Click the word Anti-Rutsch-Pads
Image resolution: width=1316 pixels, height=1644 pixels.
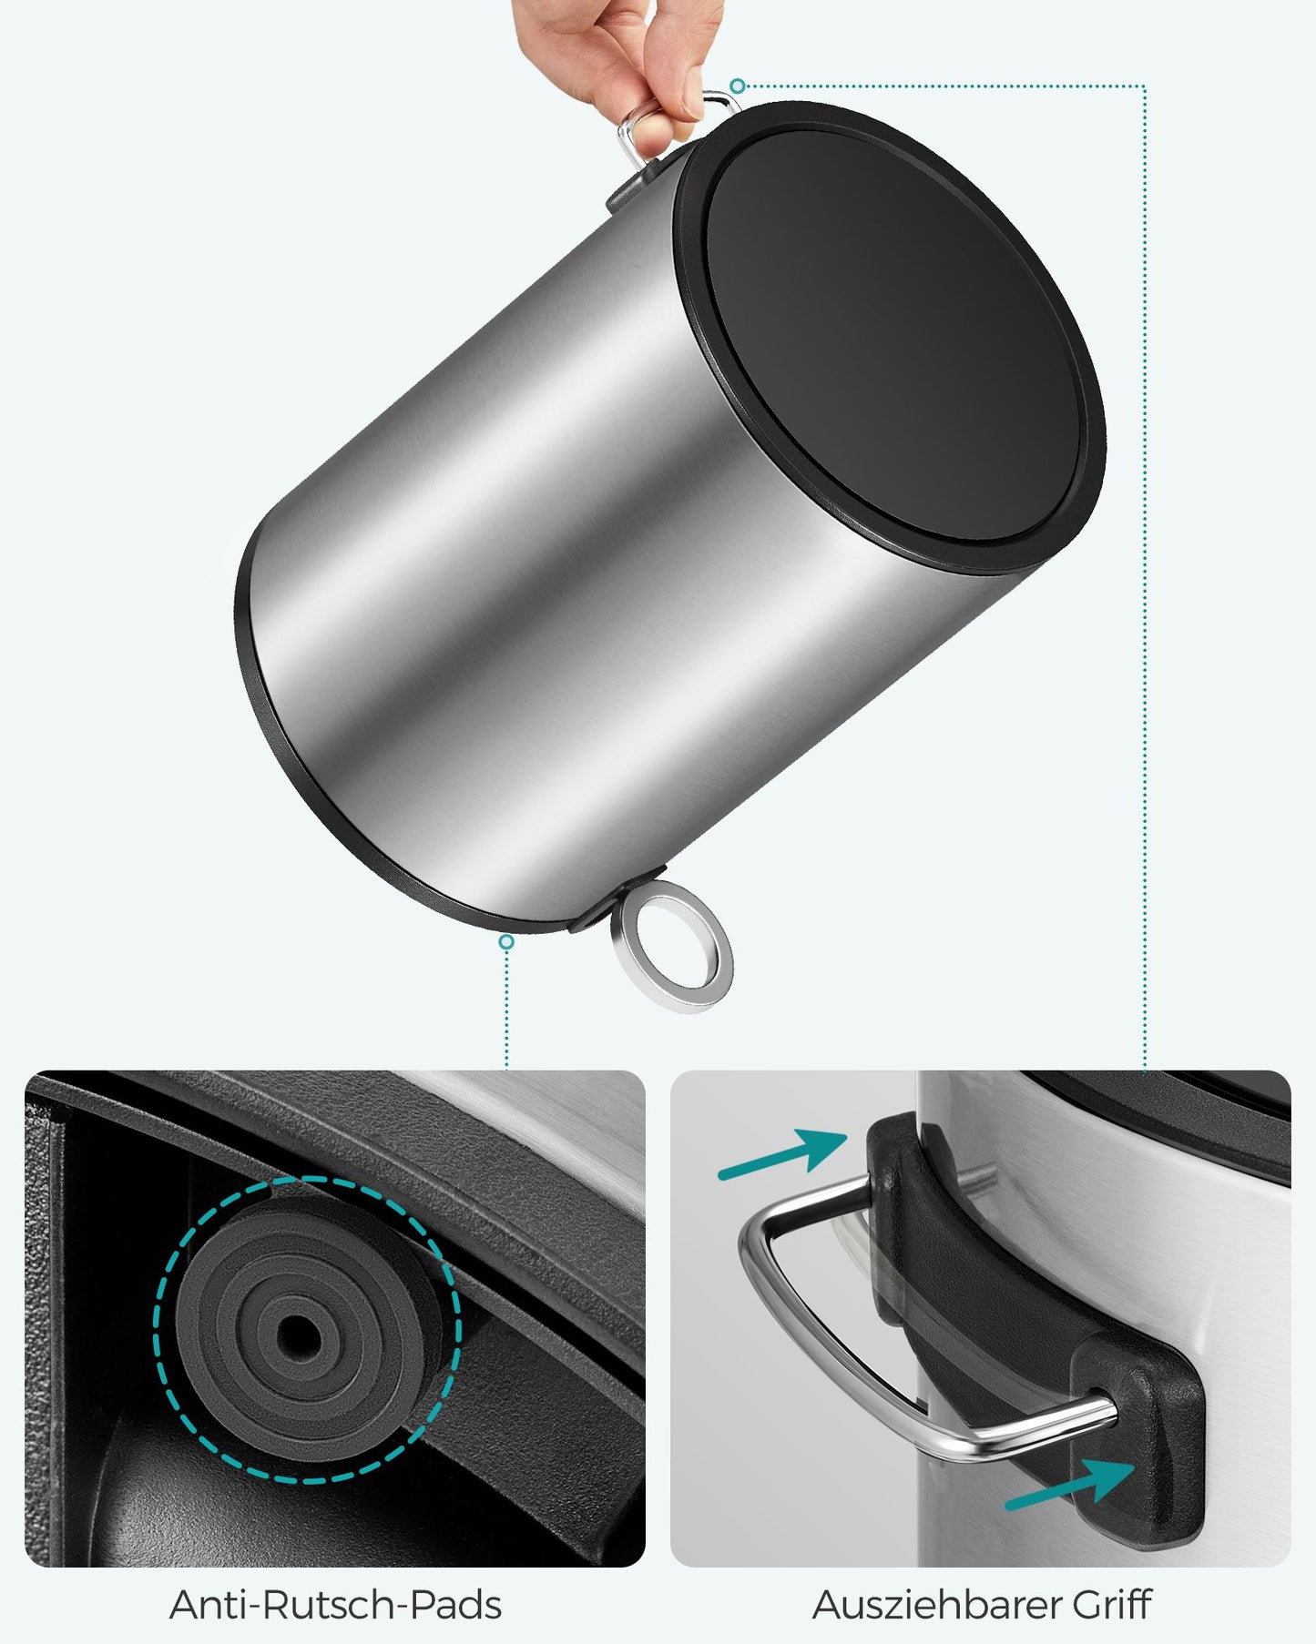(x=335, y=1604)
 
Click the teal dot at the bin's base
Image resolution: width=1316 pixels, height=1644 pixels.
(x=506, y=942)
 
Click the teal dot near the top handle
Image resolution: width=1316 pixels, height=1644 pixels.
(x=739, y=86)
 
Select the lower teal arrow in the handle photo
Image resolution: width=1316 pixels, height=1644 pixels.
(x=1071, y=1484)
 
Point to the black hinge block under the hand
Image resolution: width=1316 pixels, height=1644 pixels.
(x=630, y=188)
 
